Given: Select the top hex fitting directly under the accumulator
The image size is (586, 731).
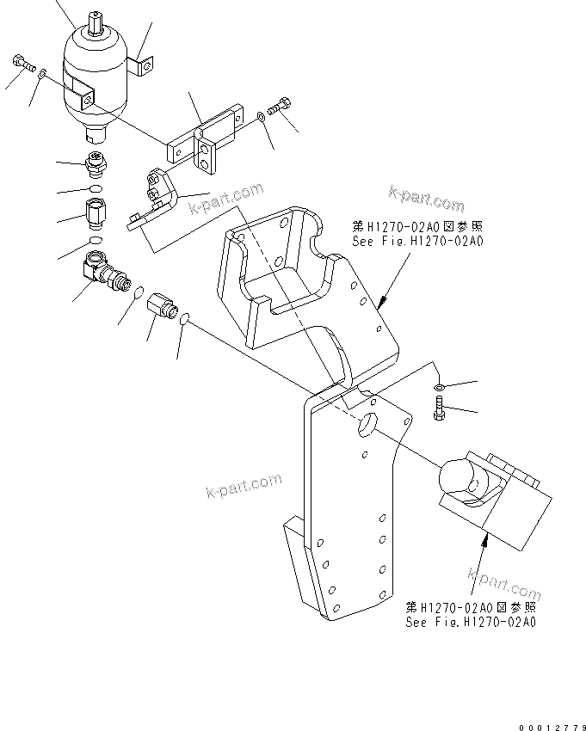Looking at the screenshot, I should click(x=96, y=161).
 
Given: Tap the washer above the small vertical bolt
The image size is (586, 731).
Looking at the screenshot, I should click(x=439, y=387).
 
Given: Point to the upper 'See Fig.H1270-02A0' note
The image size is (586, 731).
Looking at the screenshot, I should click(x=418, y=235).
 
